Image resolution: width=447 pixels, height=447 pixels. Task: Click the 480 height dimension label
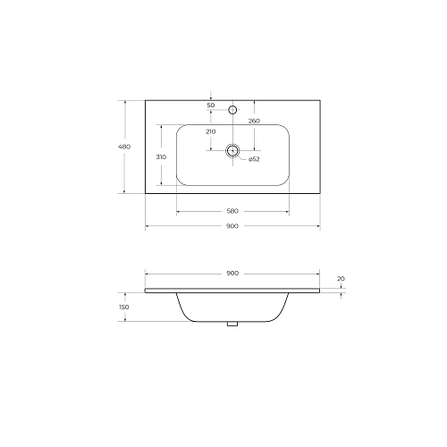[124, 147]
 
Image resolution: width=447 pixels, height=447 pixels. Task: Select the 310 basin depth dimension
[161, 156]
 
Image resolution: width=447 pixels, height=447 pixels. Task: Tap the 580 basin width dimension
[232, 211]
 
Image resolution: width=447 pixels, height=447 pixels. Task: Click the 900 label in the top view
[232, 226]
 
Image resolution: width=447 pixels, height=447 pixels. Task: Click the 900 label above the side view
[232, 273]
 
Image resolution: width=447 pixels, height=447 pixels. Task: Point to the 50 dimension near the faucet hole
[211, 105]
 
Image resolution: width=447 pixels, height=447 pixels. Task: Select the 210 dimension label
[211, 131]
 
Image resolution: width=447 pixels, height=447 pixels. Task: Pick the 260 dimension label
[254, 121]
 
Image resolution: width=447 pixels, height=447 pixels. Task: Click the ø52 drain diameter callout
[254, 159]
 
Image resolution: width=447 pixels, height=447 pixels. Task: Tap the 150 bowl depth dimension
[124, 307]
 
